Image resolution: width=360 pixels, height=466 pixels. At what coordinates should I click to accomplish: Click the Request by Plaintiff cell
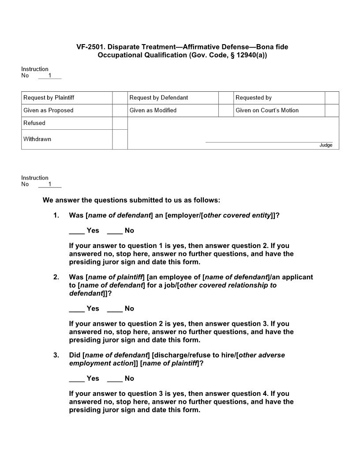coord(67,98)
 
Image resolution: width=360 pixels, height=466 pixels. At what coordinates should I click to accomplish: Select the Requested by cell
coord(279,98)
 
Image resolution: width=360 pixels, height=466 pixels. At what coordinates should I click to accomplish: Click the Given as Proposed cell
coord(67,110)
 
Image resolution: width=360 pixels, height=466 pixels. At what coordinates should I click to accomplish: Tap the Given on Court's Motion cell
coord(279,110)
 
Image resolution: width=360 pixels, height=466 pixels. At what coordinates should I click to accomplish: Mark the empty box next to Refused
coord(120,123)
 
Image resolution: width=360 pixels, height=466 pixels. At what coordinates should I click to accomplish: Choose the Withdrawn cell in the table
coord(67,139)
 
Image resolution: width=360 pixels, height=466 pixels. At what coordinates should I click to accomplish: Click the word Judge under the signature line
coord(326,145)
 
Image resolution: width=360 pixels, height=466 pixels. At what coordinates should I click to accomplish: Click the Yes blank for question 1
coord(76,231)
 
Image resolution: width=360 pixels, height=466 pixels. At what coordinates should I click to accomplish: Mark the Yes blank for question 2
coord(76,309)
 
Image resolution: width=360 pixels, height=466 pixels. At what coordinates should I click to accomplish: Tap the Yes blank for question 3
coord(76,379)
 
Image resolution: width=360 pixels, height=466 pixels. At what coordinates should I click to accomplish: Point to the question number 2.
coord(56,277)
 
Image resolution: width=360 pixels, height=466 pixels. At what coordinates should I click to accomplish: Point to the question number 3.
coord(56,355)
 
